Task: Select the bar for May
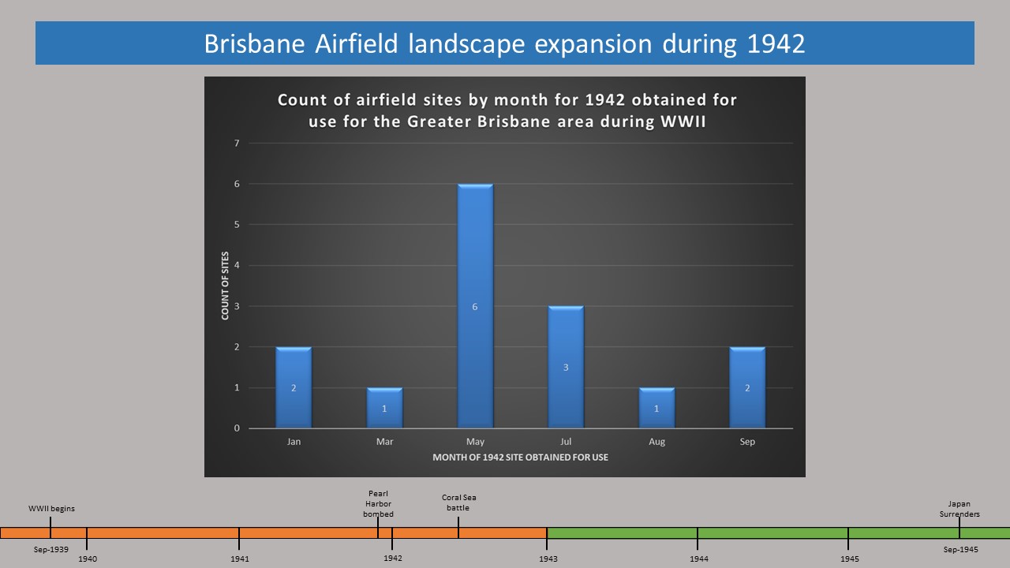point(475,305)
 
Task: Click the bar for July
point(566,367)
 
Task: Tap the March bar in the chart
point(384,408)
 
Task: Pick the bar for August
point(657,408)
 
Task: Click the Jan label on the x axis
point(294,442)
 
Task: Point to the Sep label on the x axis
point(747,442)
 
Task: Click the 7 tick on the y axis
point(237,144)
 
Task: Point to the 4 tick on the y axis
point(237,266)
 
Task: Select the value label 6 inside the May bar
point(475,307)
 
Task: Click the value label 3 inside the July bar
point(566,368)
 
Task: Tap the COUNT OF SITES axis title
point(225,286)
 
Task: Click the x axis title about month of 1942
point(520,458)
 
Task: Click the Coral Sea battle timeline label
point(458,503)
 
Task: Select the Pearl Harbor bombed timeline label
point(378,504)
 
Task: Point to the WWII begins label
point(51,509)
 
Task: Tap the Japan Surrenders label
point(959,509)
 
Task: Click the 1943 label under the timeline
point(548,559)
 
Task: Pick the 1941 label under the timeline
point(240,559)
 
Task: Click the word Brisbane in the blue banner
point(255,44)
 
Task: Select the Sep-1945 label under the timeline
point(961,550)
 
